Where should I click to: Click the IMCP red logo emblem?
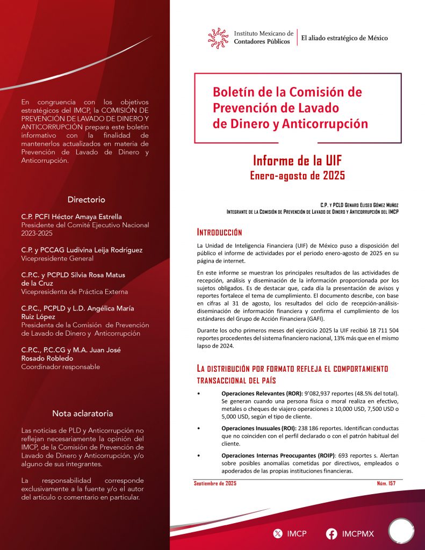pyautogui.click(x=219, y=37)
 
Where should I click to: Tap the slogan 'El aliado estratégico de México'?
pyautogui.click(x=344, y=38)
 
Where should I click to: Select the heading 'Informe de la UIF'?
pyautogui.click(x=297, y=161)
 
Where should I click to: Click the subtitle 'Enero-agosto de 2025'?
pyautogui.click(x=297, y=176)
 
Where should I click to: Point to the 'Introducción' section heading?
pyautogui.click(x=219, y=233)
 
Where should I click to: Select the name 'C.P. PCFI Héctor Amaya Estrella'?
pyautogui.click(x=71, y=216)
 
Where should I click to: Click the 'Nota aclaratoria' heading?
pyautogui.click(x=82, y=414)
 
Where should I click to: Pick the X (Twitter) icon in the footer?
pyautogui.click(x=277, y=534)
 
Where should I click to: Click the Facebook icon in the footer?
pyautogui.click(x=332, y=534)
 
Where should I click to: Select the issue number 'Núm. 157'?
pyautogui.click(x=386, y=484)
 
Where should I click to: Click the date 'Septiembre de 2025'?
pyautogui.click(x=215, y=484)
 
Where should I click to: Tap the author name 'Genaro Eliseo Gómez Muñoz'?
pyautogui.click(x=370, y=205)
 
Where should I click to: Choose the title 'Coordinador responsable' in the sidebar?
pyautogui.click(x=60, y=367)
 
